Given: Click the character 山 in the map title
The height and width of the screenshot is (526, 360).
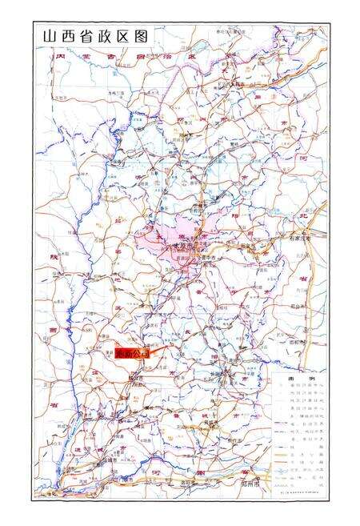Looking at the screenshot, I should [49, 36].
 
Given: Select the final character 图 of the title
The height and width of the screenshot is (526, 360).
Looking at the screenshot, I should [142, 36].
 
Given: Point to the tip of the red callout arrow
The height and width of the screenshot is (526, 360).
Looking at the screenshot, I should [165, 346].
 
